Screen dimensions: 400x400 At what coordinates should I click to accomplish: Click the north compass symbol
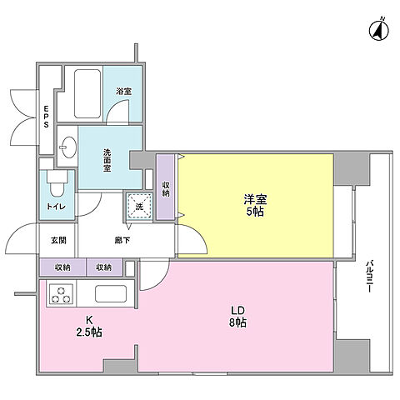coord(376,32)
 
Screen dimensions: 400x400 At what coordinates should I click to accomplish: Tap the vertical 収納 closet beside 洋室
coord(167,187)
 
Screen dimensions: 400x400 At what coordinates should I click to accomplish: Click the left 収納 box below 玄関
coord(62,267)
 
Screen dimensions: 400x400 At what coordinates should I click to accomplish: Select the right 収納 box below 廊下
coord(102,267)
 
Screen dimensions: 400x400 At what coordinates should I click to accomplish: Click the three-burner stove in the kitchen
coord(62,293)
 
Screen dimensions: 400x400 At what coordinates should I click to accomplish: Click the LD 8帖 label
coord(237,318)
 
